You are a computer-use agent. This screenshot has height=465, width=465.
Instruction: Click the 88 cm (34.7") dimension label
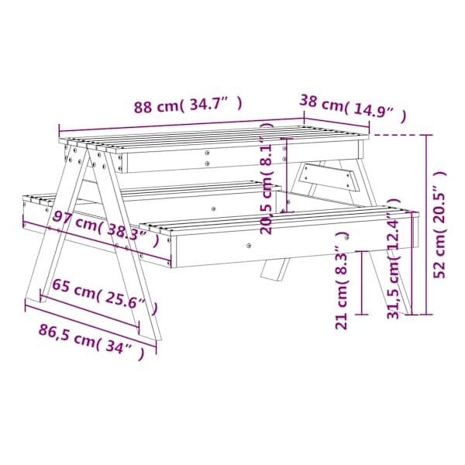click(x=188, y=105)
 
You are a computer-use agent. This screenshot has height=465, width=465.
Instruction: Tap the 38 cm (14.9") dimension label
click(x=353, y=108)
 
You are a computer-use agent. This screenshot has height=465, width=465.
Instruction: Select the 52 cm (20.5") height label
click(x=439, y=225)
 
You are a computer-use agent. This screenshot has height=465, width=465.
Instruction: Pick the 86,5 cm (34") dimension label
click(x=91, y=341)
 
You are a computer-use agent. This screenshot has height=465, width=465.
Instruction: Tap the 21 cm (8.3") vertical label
click(x=341, y=281)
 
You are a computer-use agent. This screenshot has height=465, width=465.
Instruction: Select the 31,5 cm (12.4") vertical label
click(x=394, y=259)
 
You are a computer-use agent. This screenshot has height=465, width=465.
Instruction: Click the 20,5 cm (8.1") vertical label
click(x=266, y=179)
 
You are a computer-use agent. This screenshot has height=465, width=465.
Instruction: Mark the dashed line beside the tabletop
click(x=397, y=135)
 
